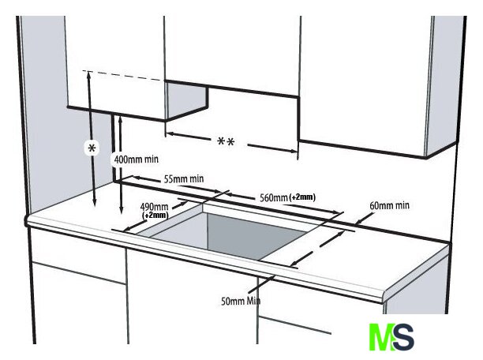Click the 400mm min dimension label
[137, 159]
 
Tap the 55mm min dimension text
[184, 178]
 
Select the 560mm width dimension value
[274, 197]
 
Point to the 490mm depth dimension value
[154, 207]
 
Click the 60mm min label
[389, 205]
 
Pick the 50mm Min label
[241, 301]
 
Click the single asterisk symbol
[92, 148]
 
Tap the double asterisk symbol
[226, 142]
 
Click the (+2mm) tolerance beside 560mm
[302, 197]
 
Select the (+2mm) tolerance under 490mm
[155, 215]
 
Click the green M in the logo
[380, 337]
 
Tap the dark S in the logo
[402, 337]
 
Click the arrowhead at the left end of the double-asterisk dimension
[169, 134]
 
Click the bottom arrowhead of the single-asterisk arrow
[95, 202]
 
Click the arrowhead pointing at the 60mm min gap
[358, 221]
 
